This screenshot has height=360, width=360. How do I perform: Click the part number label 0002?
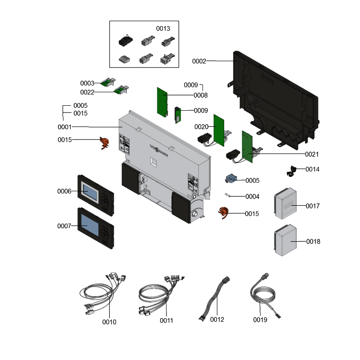coord(199,61)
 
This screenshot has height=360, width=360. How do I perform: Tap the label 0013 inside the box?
coord(163,28)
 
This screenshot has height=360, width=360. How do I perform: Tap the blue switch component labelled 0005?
coord(232,180)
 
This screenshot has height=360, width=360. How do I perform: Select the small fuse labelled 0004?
coord(229,196)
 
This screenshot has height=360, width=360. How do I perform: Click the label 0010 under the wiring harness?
coord(109,322)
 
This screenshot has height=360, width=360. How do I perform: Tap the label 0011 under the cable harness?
coord(166,320)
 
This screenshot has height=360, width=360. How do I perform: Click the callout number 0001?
coord(65,127)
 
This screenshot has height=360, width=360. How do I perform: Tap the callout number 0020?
coord(201,127)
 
